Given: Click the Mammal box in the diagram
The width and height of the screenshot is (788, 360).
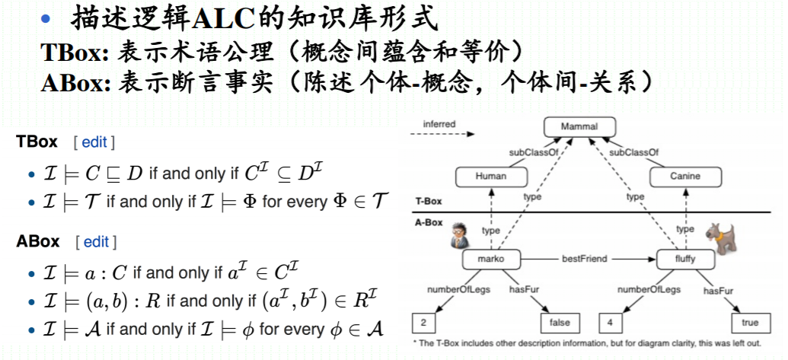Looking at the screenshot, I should click(580, 127).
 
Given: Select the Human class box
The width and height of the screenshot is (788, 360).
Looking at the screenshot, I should click(490, 177).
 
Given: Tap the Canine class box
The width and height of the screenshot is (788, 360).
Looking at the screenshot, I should click(685, 177).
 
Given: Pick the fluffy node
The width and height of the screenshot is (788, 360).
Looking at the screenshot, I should click(684, 260).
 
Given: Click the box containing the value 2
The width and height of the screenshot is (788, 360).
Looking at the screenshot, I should click(423, 323).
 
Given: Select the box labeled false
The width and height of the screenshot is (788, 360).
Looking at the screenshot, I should click(559, 323).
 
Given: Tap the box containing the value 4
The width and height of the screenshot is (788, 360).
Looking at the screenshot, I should click(613, 323).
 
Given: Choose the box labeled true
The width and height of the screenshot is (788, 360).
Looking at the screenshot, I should click(749, 323).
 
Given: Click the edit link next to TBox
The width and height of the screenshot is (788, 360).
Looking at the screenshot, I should click(94, 142).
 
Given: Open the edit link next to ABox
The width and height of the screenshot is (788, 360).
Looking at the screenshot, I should click(96, 242).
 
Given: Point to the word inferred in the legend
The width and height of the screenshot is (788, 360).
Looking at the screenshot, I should click(441, 124).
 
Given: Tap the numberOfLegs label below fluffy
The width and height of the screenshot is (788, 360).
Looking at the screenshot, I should click(648, 290).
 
